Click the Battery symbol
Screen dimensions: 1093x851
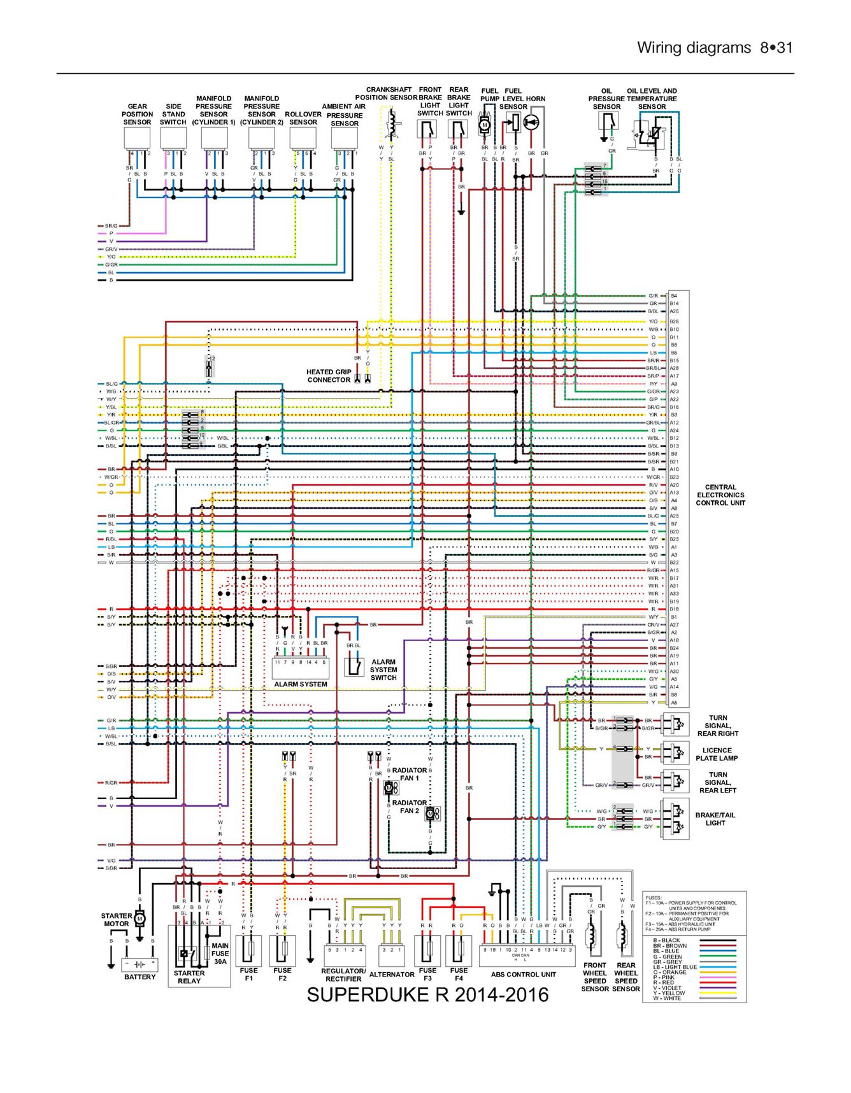tap(139, 964)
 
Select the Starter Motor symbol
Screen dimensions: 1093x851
tap(139, 918)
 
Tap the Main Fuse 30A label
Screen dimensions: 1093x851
tap(220, 953)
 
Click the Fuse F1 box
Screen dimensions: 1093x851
tap(248, 950)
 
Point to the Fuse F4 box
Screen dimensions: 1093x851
tap(459, 950)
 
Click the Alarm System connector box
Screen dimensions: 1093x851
tap(300, 668)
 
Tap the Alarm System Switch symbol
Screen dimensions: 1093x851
tap(354, 666)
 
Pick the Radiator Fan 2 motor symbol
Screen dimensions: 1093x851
tap(431, 814)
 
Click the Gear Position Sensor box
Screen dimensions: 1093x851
tap(137, 138)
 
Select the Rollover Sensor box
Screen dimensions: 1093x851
tap(303, 138)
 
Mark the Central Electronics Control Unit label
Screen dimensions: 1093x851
tap(720, 495)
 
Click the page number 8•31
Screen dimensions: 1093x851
tap(776, 48)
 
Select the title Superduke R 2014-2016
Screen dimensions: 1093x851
tap(427, 995)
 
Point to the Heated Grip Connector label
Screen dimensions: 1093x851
tap(329, 376)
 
